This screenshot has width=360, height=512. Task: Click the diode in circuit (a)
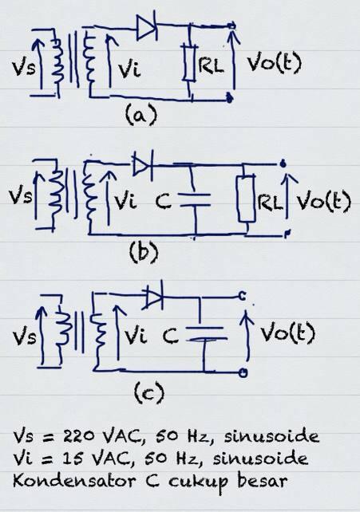(x=147, y=28)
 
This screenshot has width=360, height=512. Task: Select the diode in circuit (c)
(x=153, y=296)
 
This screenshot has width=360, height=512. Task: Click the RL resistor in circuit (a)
(x=189, y=63)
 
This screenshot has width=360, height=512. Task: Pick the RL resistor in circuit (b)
(x=247, y=199)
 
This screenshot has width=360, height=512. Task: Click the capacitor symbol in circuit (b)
(x=195, y=200)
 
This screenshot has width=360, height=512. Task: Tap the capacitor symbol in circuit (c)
(x=206, y=333)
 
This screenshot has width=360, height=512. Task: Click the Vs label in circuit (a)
(x=23, y=68)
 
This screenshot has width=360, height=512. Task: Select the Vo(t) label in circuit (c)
(x=287, y=333)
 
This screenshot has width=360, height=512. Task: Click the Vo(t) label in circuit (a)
(x=274, y=63)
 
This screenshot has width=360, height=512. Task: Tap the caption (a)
(x=141, y=115)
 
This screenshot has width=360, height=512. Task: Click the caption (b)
(x=144, y=253)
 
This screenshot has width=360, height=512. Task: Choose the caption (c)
(x=149, y=392)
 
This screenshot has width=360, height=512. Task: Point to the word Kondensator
(x=73, y=482)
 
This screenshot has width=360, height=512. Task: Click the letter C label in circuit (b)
(x=163, y=201)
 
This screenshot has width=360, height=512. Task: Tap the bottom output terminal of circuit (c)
(x=243, y=372)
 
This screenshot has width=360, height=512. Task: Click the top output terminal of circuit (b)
(x=283, y=163)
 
